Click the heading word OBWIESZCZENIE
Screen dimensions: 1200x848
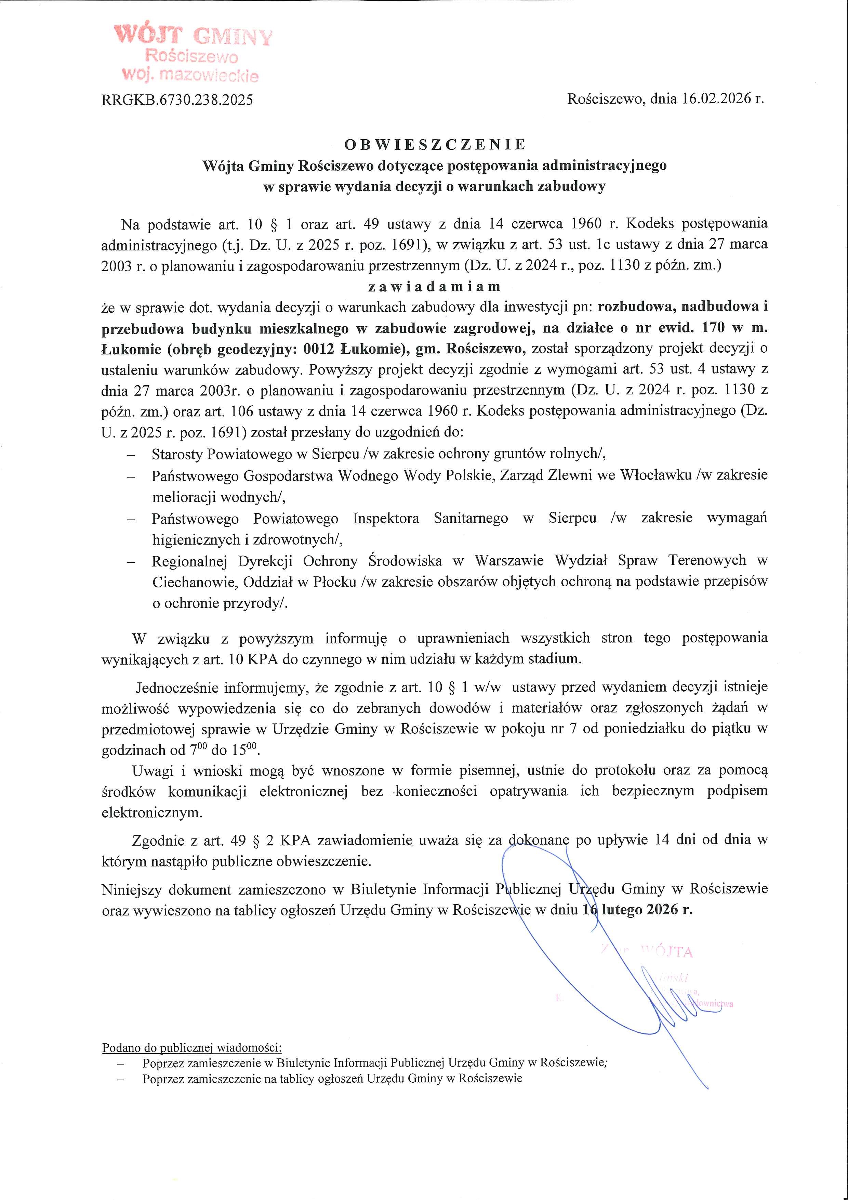[435, 144]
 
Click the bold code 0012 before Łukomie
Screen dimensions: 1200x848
[318, 349]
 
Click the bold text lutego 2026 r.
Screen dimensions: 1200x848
[646, 910]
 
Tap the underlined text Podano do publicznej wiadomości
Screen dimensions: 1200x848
[192, 1048]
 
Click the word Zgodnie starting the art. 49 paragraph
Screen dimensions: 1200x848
[157, 840]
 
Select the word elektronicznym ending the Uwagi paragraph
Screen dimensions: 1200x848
[151, 813]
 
